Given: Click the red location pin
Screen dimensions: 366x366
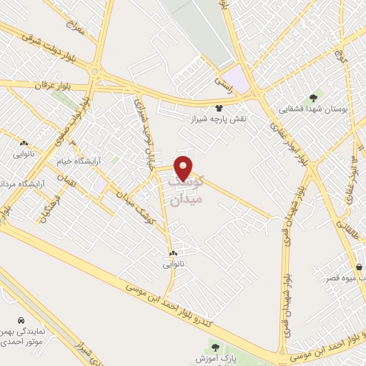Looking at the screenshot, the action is tap(184, 167).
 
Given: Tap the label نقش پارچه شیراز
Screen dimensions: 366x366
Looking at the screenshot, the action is tap(218, 118).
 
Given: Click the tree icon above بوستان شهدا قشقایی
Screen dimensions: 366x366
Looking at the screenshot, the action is tap(312, 97).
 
